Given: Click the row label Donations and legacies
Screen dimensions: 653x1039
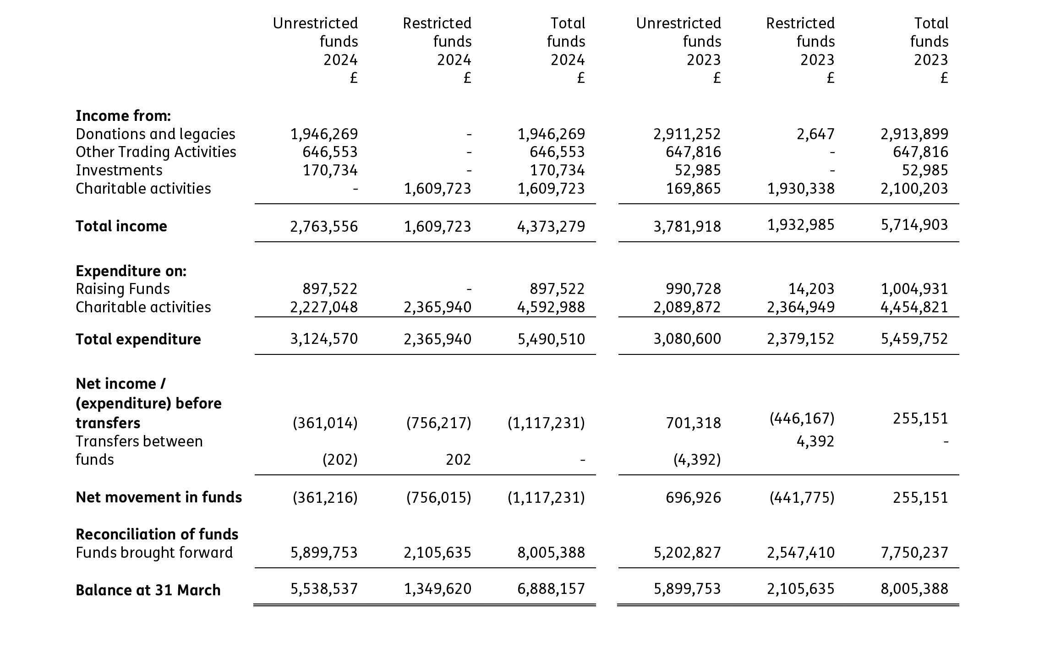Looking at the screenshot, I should (x=155, y=134).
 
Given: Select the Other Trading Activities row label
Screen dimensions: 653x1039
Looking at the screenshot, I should (x=156, y=152).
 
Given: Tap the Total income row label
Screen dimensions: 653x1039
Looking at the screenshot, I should (x=121, y=226).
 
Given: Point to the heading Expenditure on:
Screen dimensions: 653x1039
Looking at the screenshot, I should (x=131, y=271).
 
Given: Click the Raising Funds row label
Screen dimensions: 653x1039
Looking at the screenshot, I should (x=123, y=289).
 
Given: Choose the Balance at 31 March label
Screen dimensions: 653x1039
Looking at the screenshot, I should (x=148, y=590).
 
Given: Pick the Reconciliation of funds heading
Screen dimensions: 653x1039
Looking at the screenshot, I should (x=157, y=534).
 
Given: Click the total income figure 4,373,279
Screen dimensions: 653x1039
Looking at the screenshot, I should (x=551, y=226).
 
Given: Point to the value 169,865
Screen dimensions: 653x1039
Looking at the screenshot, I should (x=693, y=189).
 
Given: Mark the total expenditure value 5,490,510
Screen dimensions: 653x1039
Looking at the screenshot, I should (x=551, y=339).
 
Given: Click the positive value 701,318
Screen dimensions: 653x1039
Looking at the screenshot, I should (x=693, y=423).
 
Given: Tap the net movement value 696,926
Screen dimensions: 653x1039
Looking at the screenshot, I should (x=693, y=497).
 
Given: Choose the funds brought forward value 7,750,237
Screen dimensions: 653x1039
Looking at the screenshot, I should (x=914, y=553).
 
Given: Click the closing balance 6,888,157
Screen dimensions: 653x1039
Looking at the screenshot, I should (x=551, y=589).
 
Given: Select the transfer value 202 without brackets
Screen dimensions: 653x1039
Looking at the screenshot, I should (x=458, y=460).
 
